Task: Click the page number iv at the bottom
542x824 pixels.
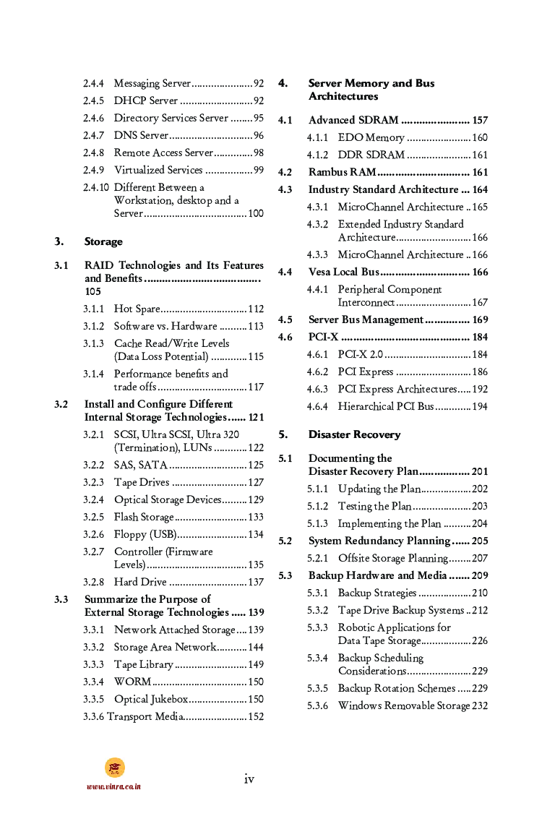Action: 249,778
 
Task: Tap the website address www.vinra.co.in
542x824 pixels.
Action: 113,786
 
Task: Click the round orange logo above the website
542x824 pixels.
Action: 114,768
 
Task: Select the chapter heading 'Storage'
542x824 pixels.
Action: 103,241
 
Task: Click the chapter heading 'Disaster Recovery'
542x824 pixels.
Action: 354,434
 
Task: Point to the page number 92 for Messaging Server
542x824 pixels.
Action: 258,84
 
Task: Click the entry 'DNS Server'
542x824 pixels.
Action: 141,136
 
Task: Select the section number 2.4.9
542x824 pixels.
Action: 93,171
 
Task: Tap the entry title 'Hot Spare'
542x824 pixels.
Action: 137,309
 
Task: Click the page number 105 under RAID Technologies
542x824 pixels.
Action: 93,292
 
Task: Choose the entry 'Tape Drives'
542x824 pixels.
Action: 142,483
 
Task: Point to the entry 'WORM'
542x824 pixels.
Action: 132,682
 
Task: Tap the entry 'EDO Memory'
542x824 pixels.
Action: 371,138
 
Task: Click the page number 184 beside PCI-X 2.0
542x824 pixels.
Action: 480,355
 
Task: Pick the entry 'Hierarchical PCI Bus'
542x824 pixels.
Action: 385,407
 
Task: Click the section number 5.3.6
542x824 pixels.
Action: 317,706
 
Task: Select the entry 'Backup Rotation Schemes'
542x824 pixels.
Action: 397,689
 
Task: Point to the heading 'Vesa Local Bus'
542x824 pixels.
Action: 343,272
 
